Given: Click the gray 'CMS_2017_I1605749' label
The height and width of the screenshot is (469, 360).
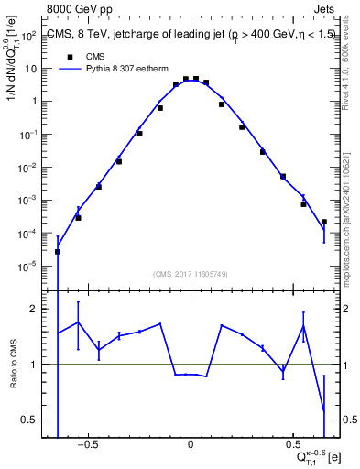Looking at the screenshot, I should coord(191,274).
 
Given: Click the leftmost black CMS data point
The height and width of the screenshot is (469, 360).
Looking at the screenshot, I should coord(58,251).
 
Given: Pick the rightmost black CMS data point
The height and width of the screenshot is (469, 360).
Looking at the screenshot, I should coord(324,222).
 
